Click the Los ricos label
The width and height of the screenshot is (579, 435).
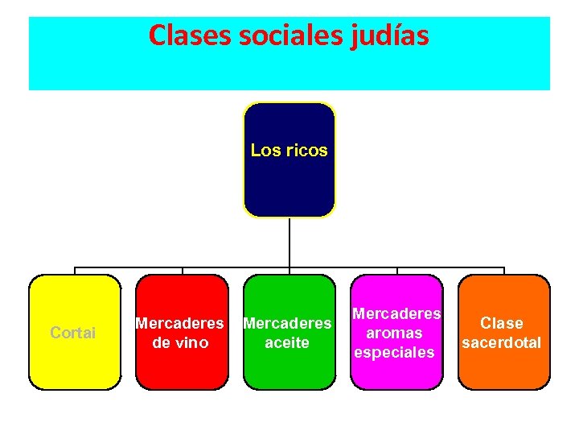[x=289, y=150]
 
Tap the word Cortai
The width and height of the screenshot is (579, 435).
[x=72, y=333]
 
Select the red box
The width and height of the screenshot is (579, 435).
[x=182, y=371]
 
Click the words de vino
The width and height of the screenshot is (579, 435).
[x=179, y=342]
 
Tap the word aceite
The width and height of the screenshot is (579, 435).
[x=286, y=342]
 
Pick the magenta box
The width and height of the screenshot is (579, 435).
[x=396, y=375]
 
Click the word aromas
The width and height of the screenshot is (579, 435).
[x=394, y=333]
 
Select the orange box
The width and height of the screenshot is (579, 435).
[x=503, y=371]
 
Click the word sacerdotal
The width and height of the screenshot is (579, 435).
[x=501, y=342]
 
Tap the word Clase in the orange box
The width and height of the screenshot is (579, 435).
[x=501, y=323]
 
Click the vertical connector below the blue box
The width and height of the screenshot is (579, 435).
[x=289, y=242]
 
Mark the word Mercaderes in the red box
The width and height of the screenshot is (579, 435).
[x=179, y=323]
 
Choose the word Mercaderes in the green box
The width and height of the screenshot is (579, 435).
[x=286, y=323]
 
